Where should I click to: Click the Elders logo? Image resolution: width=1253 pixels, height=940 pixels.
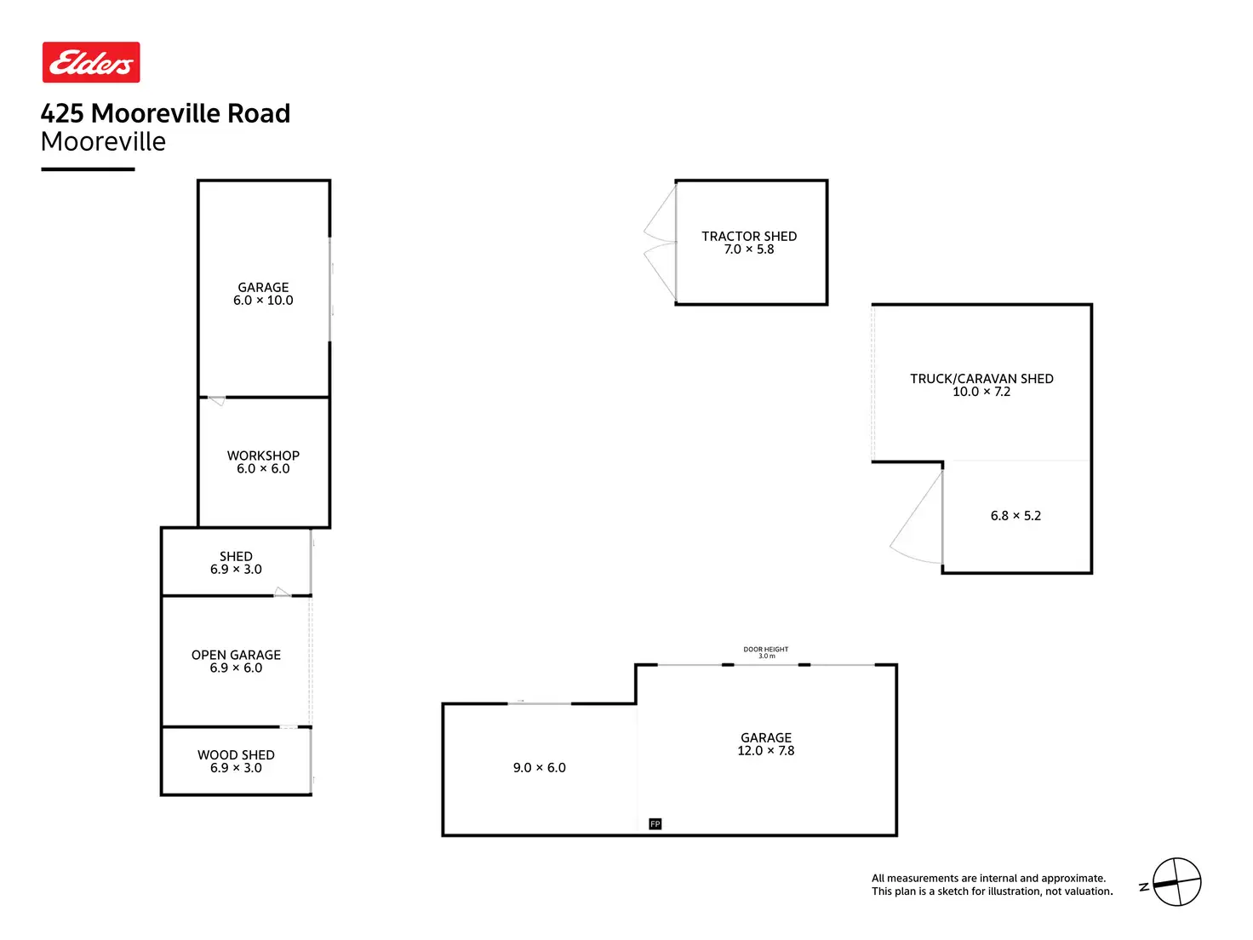pyautogui.click(x=91, y=62)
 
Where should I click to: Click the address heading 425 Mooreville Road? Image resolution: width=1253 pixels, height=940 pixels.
pyautogui.click(x=165, y=113)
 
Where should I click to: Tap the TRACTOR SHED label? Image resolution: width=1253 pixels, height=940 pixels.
pyautogui.click(x=749, y=236)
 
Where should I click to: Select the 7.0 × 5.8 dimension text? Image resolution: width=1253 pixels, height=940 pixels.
pyautogui.click(x=749, y=249)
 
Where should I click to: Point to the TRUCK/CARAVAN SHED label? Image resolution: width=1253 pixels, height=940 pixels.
pyautogui.click(x=981, y=378)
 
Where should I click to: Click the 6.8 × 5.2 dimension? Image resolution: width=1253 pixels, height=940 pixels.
pyautogui.click(x=1016, y=516)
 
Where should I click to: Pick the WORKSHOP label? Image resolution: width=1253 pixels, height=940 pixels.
pyautogui.click(x=263, y=456)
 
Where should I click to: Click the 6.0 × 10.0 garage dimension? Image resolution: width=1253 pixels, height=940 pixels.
pyautogui.click(x=263, y=301)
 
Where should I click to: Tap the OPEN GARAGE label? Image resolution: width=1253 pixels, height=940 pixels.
pyautogui.click(x=236, y=655)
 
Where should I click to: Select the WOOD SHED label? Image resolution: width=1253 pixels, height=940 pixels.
pyautogui.click(x=236, y=754)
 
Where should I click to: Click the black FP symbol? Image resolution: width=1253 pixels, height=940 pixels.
pyautogui.click(x=655, y=823)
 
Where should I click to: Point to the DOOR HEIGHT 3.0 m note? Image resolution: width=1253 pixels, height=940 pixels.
pyautogui.click(x=766, y=652)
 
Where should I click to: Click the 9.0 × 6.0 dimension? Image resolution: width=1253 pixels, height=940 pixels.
pyautogui.click(x=539, y=768)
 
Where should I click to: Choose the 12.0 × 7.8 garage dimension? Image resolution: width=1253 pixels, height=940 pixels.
pyautogui.click(x=766, y=751)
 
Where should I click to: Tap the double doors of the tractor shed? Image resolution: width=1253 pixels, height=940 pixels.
pyautogui.click(x=660, y=243)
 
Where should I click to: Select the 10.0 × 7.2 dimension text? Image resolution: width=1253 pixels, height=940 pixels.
pyautogui.click(x=981, y=392)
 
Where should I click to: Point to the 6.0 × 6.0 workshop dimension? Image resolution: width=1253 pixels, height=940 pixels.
pyautogui.click(x=263, y=469)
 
